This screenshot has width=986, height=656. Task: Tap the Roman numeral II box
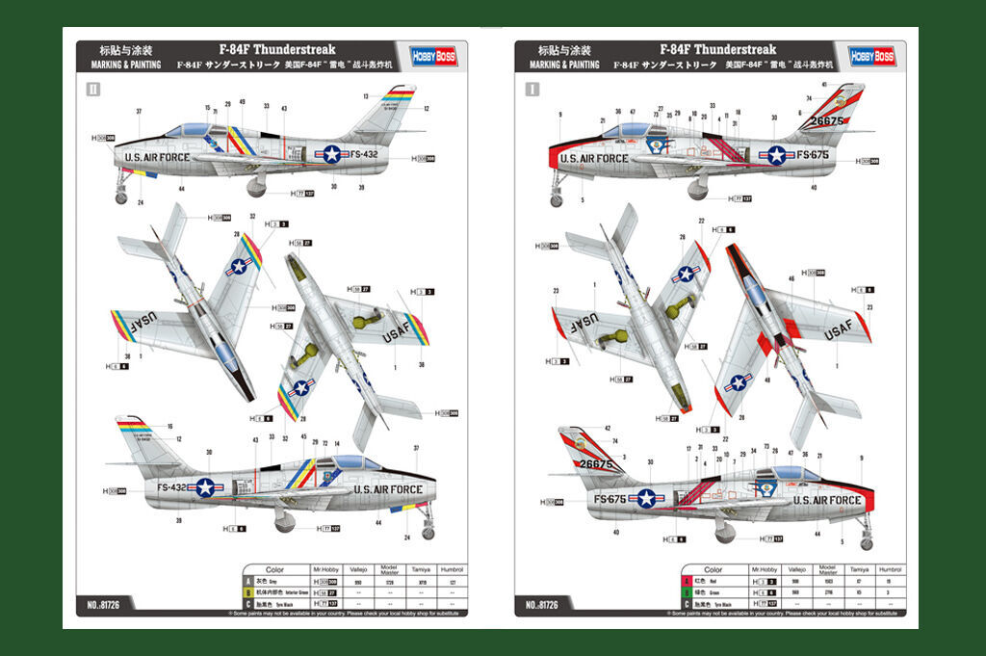pyautogui.click(x=93, y=90)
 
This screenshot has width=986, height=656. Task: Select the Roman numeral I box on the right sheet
pyautogui.click(x=532, y=90)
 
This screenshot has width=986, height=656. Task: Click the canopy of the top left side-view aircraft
pyautogui.click(x=189, y=129)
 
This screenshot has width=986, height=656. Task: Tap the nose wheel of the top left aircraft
pyautogui.click(x=121, y=198)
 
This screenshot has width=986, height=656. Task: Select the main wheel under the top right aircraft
pyautogui.click(x=697, y=192)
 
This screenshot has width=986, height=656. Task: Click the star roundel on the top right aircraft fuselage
pyautogui.click(x=776, y=155)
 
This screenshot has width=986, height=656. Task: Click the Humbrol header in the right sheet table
pyautogui.click(x=892, y=570)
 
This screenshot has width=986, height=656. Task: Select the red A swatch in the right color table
pyautogui.click(x=686, y=582)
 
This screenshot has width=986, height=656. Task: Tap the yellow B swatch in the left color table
pyautogui.click(x=247, y=592)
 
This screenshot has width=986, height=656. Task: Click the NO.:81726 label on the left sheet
pyautogui.click(x=104, y=605)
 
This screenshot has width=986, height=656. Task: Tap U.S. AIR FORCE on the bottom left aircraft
pyautogui.click(x=388, y=489)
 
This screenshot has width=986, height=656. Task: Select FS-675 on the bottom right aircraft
pyautogui.click(x=610, y=499)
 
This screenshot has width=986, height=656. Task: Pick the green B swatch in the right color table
pyautogui.click(x=686, y=592)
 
